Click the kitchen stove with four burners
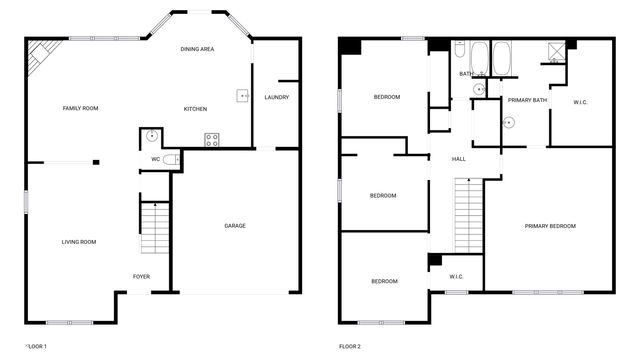click(212, 139)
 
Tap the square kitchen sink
click(242, 97)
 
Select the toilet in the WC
click(171, 158)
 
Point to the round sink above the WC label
click(152, 137)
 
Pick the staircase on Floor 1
click(154, 230)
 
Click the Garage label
click(235, 225)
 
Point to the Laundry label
click(277, 97)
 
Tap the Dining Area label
click(197, 49)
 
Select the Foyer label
click(142, 276)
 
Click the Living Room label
click(79, 241)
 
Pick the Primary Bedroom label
click(550, 226)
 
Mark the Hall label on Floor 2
click(459, 159)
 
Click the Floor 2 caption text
click(350, 346)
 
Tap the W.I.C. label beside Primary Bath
click(581, 100)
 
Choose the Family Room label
click(80, 108)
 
